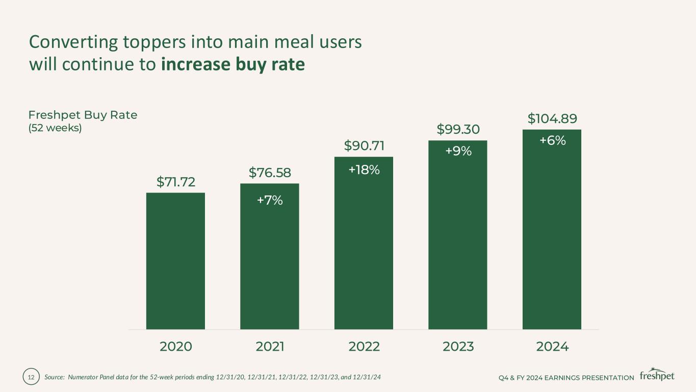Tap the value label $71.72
tap(175, 182)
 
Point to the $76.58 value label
tap(270, 173)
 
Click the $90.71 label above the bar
tap(364, 146)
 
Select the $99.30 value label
tap(458, 130)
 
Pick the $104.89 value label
tap(552, 119)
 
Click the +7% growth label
tap(270, 201)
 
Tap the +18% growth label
tap(364, 170)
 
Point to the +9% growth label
tap(458, 151)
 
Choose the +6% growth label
tap(552, 140)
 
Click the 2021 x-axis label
tap(270, 347)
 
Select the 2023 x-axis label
tap(458, 347)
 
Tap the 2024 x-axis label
tap(552, 347)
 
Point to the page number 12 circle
tap(31, 378)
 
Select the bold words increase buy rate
tap(233, 65)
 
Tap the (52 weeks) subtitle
tap(55, 128)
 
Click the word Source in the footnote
tap(53, 378)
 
